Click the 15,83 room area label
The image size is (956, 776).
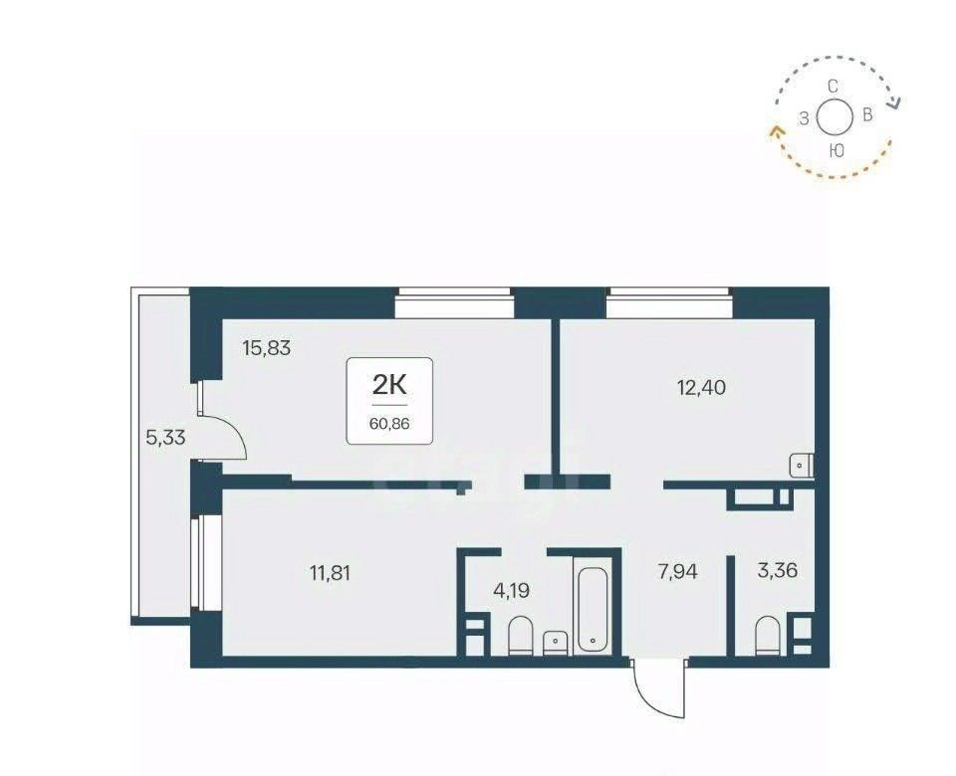pos(267,348)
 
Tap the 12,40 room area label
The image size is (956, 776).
pos(702,387)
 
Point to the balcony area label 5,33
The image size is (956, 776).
pos(165,437)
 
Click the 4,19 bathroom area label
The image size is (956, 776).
pos(511,590)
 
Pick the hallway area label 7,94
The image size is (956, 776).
pos(678,571)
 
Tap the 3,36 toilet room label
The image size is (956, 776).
pos(778,571)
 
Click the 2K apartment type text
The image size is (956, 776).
pos(389,385)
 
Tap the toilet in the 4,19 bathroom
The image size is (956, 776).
pos(520,636)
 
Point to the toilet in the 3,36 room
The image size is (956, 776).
pos(768,636)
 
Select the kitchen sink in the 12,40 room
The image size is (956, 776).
pos(801,466)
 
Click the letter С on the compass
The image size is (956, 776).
pos(833,86)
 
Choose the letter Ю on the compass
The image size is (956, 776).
pos(837,150)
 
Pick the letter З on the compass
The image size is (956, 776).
pos(805,119)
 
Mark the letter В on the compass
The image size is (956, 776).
pos(867,114)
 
